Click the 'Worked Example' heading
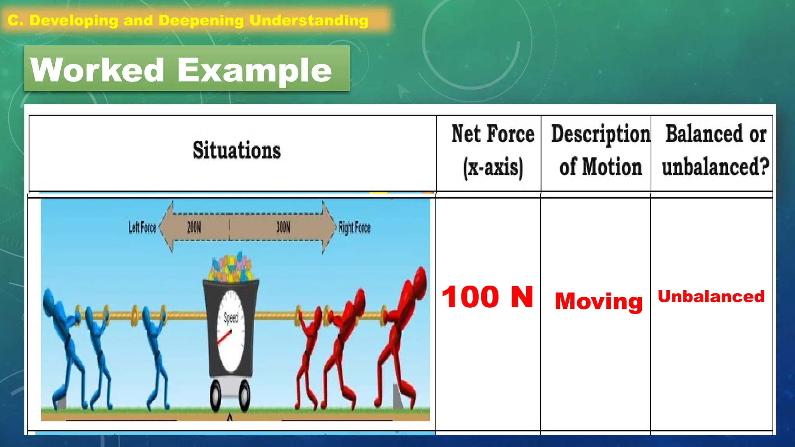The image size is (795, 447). pyautogui.click(x=181, y=70)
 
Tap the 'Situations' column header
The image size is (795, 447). pyautogui.click(x=236, y=150)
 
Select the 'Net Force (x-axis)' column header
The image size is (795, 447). pyautogui.click(x=493, y=151)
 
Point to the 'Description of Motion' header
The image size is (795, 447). pyautogui.click(x=600, y=151)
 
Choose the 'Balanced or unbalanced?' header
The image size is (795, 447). pyautogui.click(x=715, y=151)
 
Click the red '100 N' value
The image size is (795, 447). pyautogui.click(x=488, y=297)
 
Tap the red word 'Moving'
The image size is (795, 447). pyautogui.click(x=599, y=301)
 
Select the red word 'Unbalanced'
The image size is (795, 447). pyautogui.click(x=711, y=296)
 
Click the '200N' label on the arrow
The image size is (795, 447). pyautogui.click(x=194, y=227)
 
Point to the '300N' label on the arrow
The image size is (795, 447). pyautogui.click(x=283, y=227)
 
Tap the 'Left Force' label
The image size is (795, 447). pyautogui.click(x=142, y=227)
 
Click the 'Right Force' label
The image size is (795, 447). pyautogui.click(x=354, y=227)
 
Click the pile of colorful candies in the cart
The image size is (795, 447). pyautogui.click(x=231, y=268)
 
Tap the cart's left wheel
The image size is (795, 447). pyautogui.click(x=216, y=396)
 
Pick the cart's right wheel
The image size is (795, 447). pyautogui.click(x=245, y=396)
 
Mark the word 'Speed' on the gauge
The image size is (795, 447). pyautogui.click(x=231, y=318)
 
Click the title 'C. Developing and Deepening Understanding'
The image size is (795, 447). pyautogui.click(x=188, y=20)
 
